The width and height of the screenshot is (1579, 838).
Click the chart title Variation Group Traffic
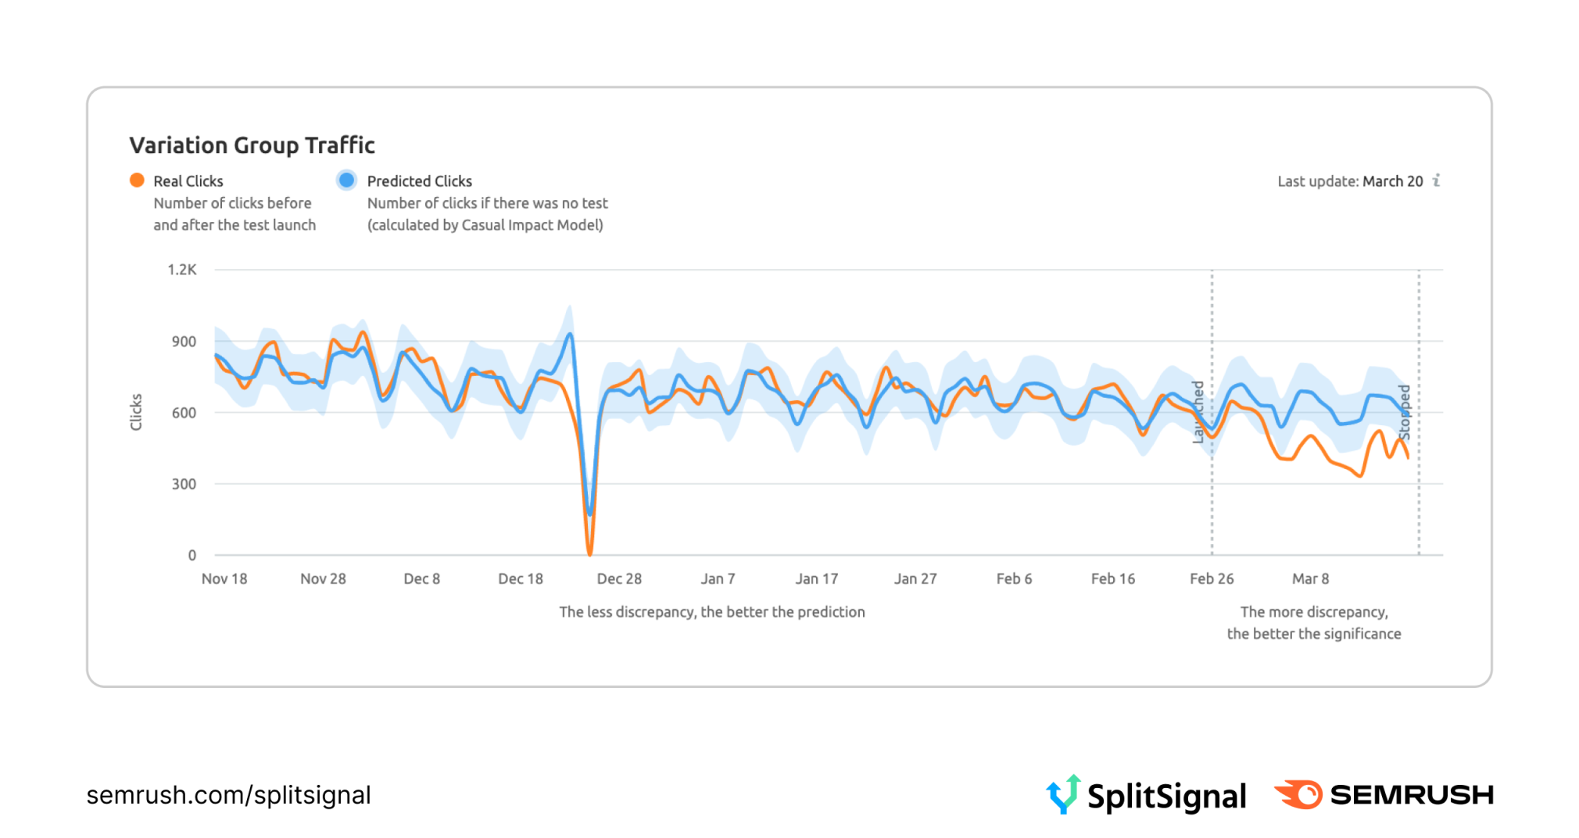[252, 145]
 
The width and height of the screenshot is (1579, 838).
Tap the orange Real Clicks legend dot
[137, 181]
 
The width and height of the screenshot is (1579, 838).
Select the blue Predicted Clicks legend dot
[346, 181]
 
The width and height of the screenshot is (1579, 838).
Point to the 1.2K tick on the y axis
[182, 270]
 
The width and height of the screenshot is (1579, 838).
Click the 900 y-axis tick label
[184, 342]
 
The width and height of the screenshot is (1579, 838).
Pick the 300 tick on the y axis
[184, 484]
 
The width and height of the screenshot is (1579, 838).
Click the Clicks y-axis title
[136, 412]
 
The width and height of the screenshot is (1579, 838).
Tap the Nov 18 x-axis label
[224, 579]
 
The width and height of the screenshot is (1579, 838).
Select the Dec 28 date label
[619, 579]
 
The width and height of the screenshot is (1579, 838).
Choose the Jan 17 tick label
[817, 579]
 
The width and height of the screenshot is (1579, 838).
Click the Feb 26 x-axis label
[1212, 579]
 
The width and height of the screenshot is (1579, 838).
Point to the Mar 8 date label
[1310, 579]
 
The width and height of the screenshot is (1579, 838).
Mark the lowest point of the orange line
[590, 554]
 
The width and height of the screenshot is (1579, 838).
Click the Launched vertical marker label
[1198, 412]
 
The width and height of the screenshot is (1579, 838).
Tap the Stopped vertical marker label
[1405, 412]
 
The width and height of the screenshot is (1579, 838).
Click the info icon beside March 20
[1437, 181]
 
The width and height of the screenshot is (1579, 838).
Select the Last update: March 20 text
[1350, 181]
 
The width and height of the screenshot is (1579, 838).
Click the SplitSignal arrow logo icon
[1064, 794]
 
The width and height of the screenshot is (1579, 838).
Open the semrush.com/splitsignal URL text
[228, 795]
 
